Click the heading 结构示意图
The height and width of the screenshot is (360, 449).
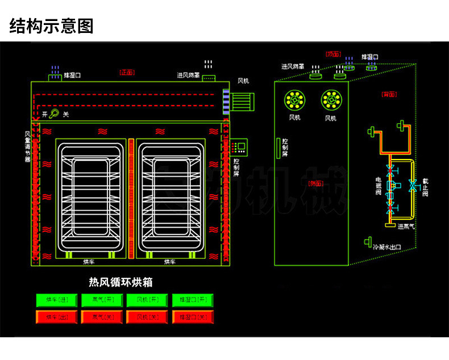coord(51,26)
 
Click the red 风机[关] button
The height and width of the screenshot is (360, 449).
coord(147,316)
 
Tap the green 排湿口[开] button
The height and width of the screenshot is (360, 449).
coord(192,300)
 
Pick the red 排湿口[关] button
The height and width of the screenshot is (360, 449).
coord(192,316)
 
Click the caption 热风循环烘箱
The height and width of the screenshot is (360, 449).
coord(121,282)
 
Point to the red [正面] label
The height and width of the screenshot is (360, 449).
coord(126,72)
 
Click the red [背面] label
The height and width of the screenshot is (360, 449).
coord(389,94)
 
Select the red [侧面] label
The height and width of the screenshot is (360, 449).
coord(314,183)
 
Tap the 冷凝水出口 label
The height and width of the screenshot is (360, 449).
coord(387,247)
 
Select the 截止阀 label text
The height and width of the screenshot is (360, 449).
coord(425,185)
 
